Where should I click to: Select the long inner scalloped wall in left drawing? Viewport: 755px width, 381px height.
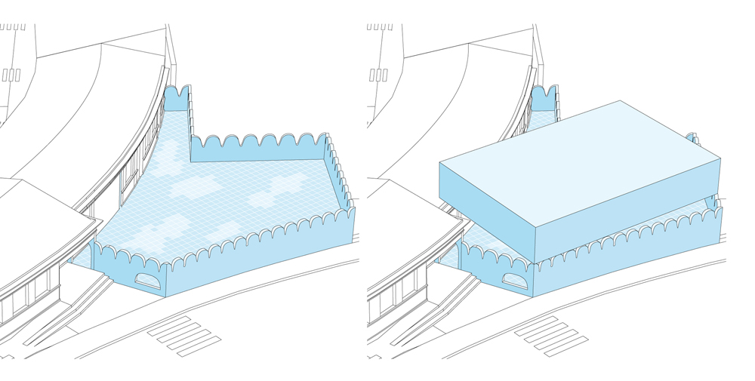tap(257, 149)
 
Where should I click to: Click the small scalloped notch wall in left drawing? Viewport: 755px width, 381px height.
tap(176, 98)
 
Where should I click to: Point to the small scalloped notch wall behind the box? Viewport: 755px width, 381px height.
tap(543, 98)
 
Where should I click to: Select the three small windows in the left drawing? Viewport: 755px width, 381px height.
tap(11, 75)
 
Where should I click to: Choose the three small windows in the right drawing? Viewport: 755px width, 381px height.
tap(378, 75)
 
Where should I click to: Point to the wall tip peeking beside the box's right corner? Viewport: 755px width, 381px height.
tap(693, 138)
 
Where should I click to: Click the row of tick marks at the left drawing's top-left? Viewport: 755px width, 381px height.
tap(13, 27)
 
